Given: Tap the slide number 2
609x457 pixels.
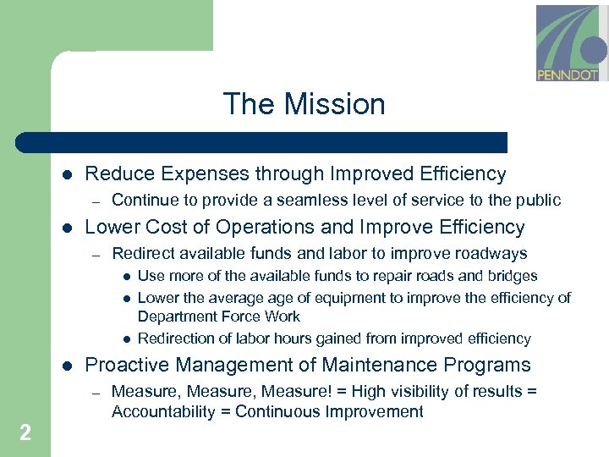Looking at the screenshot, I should click(x=25, y=433).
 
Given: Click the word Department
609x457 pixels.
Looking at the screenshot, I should click(x=175, y=317).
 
